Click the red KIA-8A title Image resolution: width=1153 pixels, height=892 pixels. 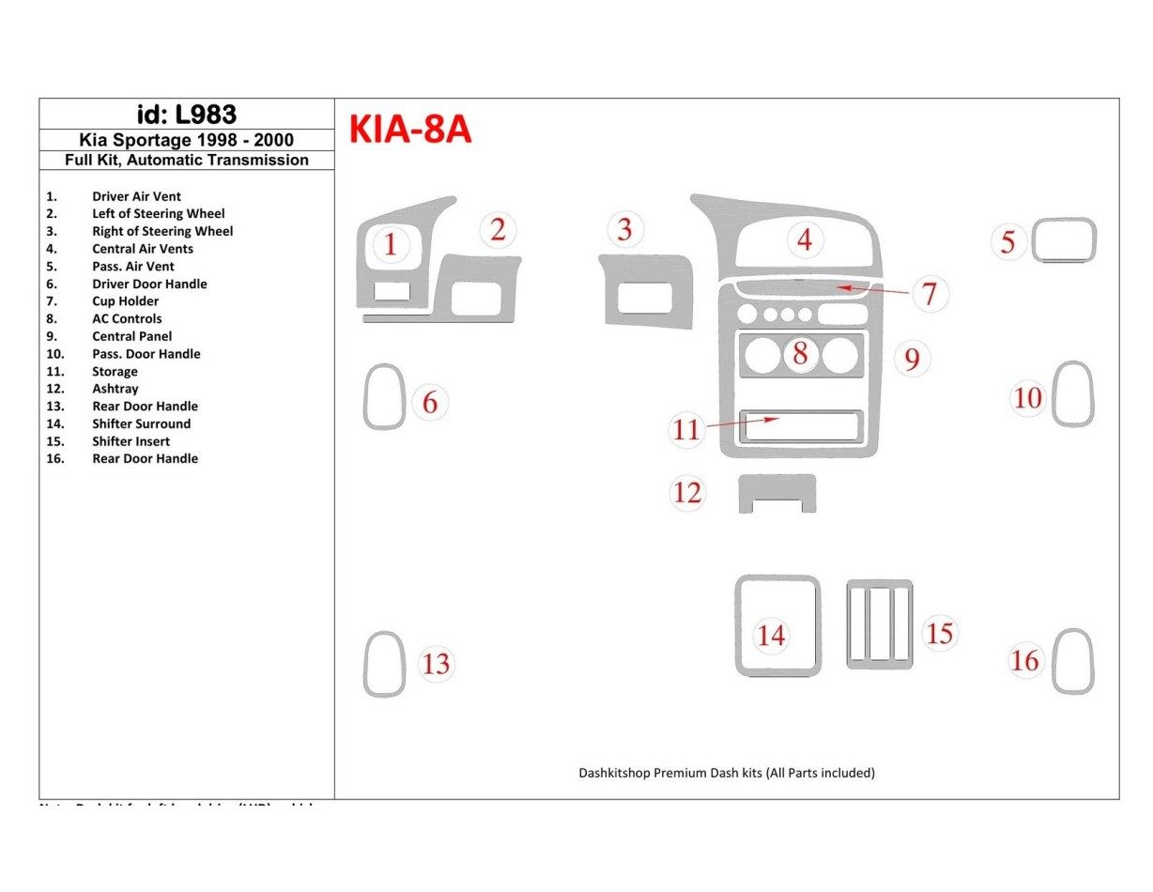pos(410,131)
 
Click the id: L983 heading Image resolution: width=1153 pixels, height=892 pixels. pos(186,115)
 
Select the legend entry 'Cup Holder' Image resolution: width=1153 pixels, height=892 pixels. pos(125,301)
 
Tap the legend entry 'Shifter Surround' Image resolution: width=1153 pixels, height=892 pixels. pos(141,423)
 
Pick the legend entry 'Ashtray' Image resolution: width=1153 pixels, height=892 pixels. pos(115,389)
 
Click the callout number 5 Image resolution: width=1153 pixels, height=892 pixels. pos(1007,242)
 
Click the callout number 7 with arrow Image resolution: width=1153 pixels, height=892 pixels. pos(929,294)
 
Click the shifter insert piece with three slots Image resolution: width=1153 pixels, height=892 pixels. pos(879,623)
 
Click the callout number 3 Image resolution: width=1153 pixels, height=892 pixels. pos(624,229)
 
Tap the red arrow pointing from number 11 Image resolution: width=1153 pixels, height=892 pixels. pos(742,423)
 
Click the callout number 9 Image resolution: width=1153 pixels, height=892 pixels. pos(912,358)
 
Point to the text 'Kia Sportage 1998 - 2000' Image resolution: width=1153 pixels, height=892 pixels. pos(186,140)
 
